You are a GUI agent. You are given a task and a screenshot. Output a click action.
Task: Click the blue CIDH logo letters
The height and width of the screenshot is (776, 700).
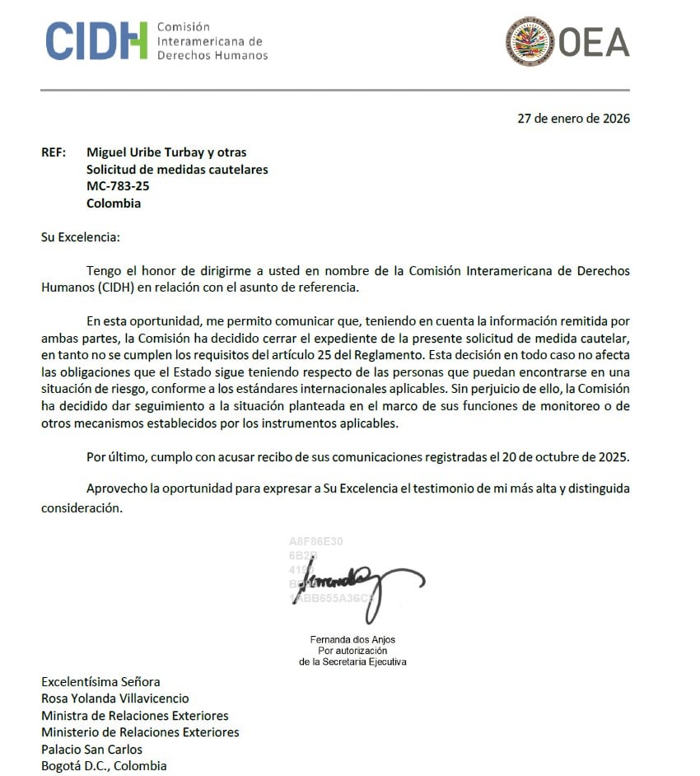pyautogui.click(x=96, y=40)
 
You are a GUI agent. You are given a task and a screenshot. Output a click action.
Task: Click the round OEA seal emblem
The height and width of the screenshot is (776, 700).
pyautogui.click(x=530, y=40)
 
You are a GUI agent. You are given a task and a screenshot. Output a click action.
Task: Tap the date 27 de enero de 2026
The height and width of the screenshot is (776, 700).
pyautogui.click(x=573, y=118)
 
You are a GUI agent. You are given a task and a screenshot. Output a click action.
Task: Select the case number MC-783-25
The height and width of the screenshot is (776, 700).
pyautogui.click(x=118, y=186)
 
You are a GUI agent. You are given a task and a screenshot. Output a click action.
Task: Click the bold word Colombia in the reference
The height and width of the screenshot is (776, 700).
pyautogui.click(x=114, y=203)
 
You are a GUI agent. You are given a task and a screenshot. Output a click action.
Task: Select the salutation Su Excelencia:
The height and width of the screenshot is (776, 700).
pyautogui.click(x=81, y=237)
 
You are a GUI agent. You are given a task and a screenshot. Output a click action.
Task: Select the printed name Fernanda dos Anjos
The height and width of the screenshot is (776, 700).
pyautogui.click(x=352, y=640)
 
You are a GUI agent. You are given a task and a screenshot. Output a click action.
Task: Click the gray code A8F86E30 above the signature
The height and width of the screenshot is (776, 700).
pyautogui.click(x=315, y=541)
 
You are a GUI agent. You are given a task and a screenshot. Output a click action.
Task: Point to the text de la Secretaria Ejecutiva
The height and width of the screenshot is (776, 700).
pyautogui.click(x=352, y=661)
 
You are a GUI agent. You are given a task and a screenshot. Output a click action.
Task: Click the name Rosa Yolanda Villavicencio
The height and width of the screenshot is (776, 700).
pyautogui.click(x=115, y=699)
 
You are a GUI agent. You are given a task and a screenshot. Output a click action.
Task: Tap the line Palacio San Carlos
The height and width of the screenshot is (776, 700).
pyautogui.click(x=91, y=750)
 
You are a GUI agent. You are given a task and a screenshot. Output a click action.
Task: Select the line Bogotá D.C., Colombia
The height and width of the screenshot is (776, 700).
pyautogui.click(x=104, y=766)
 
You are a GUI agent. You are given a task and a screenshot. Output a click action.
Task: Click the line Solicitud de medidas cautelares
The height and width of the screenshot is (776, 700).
pyautogui.click(x=177, y=170)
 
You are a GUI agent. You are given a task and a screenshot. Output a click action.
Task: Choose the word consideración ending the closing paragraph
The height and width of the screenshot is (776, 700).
pyautogui.click(x=82, y=508)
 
